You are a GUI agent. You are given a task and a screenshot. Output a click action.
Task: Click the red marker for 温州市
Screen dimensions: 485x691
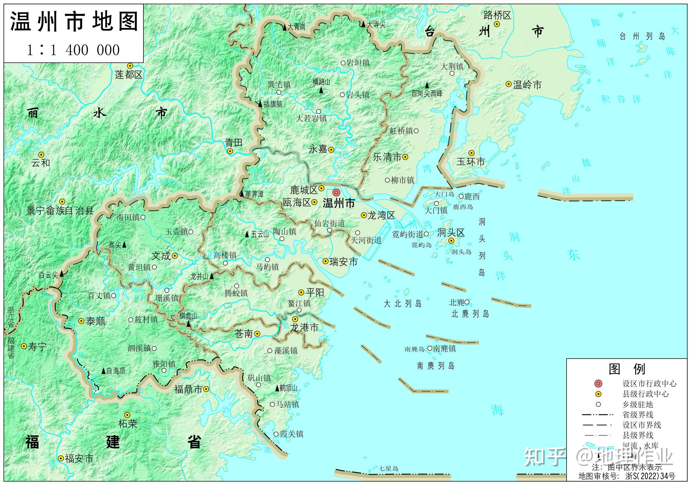(x=336, y=192)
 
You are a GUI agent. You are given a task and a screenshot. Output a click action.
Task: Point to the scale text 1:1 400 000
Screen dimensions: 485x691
(x=73, y=50)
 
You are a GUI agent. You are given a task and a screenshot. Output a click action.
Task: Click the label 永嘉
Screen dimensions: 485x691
(x=318, y=149)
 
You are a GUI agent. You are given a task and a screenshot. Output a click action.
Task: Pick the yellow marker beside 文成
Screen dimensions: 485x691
(x=175, y=256)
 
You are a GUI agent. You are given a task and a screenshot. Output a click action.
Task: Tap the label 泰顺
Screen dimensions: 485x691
(x=96, y=321)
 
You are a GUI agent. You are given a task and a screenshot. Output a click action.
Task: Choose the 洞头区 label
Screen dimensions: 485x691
(x=451, y=233)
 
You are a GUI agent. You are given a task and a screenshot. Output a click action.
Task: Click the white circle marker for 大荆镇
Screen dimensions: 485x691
(x=452, y=74)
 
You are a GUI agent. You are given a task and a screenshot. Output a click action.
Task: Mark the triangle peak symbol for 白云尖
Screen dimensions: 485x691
(x=62, y=274)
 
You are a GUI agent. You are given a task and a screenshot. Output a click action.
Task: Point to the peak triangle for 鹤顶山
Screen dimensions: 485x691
(x=277, y=388)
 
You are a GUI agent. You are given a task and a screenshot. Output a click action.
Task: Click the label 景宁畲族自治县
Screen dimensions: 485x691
(x=60, y=211)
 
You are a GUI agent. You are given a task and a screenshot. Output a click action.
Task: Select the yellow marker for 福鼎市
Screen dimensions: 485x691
(x=206, y=389)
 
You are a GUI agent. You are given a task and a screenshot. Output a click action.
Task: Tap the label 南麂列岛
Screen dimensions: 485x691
(x=436, y=366)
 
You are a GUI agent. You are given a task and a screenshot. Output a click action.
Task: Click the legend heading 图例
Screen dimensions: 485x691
(x=627, y=369)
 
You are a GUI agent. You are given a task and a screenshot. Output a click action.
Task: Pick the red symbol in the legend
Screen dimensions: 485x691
(x=598, y=384)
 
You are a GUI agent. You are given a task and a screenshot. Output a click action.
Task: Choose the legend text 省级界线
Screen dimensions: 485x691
(x=637, y=415)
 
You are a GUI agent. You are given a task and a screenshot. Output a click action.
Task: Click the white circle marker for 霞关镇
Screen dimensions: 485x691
(x=276, y=434)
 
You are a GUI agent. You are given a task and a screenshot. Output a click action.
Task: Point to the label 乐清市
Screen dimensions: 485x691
(x=387, y=157)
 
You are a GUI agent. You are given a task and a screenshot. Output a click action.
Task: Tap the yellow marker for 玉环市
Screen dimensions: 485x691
(x=471, y=153)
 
